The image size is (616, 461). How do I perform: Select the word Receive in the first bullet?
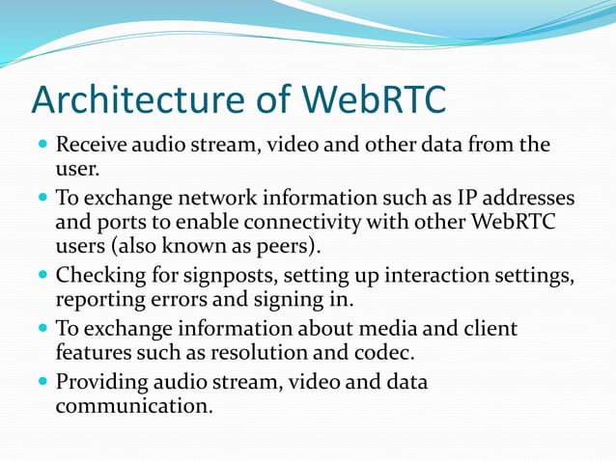(89, 146)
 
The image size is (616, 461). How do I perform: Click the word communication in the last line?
(133, 408)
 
